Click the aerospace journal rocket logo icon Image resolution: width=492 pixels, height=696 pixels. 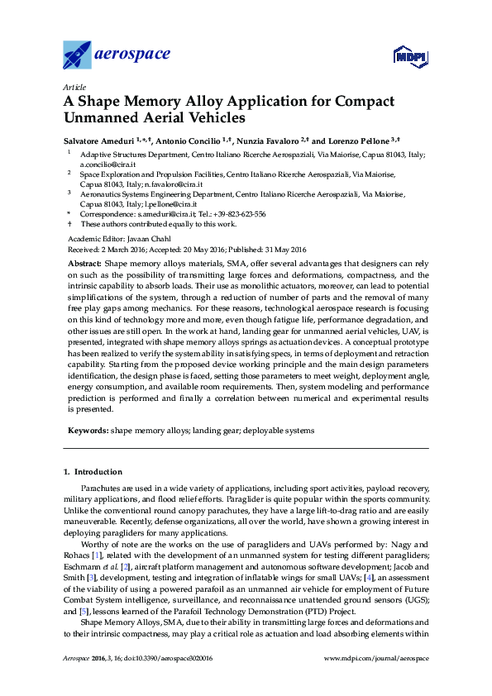click(x=78, y=55)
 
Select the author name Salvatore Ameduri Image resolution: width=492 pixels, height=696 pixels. click(x=100, y=141)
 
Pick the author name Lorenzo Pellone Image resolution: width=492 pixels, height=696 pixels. click(x=363, y=141)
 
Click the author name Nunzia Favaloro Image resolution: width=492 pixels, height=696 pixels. click(x=271, y=141)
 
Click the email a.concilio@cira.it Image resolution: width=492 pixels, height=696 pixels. click(x=108, y=165)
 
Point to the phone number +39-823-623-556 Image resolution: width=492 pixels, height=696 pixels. click(x=239, y=213)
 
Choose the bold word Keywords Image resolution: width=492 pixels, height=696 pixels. click(x=88, y=431)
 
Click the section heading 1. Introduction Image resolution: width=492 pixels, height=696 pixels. click(x=93, y=472)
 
